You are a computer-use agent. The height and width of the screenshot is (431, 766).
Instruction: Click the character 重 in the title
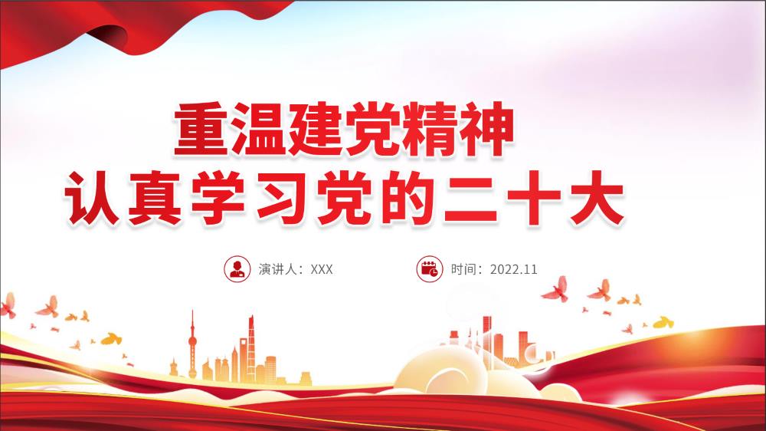click(201, 129)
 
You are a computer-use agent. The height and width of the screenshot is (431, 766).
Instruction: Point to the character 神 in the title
click(486, 129)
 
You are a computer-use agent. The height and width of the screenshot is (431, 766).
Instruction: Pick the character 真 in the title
click(155, 198)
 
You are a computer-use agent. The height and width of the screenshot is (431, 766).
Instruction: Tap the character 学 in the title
click(218, 198)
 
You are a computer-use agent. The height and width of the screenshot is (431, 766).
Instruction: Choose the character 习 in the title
click(282, 198)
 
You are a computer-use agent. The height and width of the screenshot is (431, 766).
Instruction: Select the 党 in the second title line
click(345, 198)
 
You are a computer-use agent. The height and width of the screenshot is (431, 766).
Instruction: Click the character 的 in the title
click(408, 198)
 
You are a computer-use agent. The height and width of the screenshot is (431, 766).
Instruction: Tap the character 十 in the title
click(534, 198)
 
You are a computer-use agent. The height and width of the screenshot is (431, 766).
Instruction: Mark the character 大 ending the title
click(597, 198)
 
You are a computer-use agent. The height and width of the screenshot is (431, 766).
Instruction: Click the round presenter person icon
click(237, 269)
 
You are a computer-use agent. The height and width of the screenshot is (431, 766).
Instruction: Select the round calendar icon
click(430, 269)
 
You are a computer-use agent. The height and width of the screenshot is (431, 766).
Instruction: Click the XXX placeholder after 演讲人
click(322, 269)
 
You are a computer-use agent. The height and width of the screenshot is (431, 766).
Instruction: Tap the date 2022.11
click(513, 269)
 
